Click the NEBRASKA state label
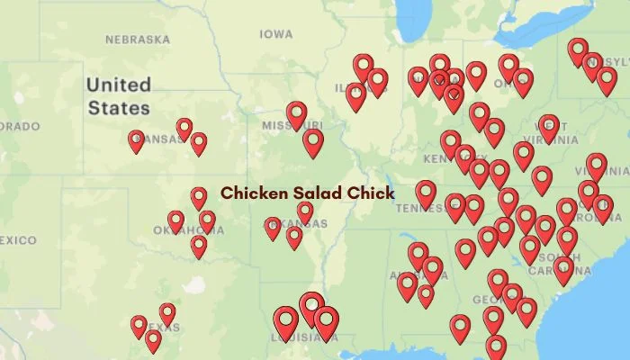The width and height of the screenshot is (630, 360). pos(138,40)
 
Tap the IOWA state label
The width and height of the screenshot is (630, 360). pos(275,34)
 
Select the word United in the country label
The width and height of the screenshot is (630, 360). pos(118,85)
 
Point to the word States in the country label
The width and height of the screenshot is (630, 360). pos(118,108)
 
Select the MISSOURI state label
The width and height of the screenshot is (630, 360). pos(293,126)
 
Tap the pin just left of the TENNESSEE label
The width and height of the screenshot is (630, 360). pos(426,193)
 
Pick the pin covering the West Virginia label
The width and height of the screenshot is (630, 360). pos(548,127)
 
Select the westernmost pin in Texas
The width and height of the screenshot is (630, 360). pos(139,326)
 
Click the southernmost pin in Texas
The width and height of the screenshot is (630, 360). pos(153,340)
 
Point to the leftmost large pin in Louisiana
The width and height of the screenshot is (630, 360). pos(286,322)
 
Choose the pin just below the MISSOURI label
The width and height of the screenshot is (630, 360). pos(312,141)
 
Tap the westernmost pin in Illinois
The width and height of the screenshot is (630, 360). pos(355,95)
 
